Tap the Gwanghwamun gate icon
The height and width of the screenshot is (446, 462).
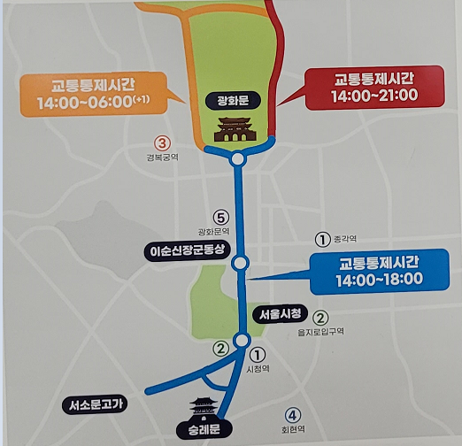tap(235, 130)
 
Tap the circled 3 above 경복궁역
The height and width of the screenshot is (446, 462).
tap(161, 142)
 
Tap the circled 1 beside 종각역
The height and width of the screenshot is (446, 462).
tap(323, 238)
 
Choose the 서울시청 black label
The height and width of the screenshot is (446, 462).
tap(281, 314)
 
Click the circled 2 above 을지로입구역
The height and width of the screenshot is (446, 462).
tap(320, 317)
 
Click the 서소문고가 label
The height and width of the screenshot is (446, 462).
tap(97, 404)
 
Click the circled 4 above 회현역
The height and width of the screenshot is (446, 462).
tap(293, 414)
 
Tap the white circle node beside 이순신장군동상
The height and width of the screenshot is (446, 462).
tap(239, 263)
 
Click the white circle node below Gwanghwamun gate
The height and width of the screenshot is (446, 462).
tap(237, 159)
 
